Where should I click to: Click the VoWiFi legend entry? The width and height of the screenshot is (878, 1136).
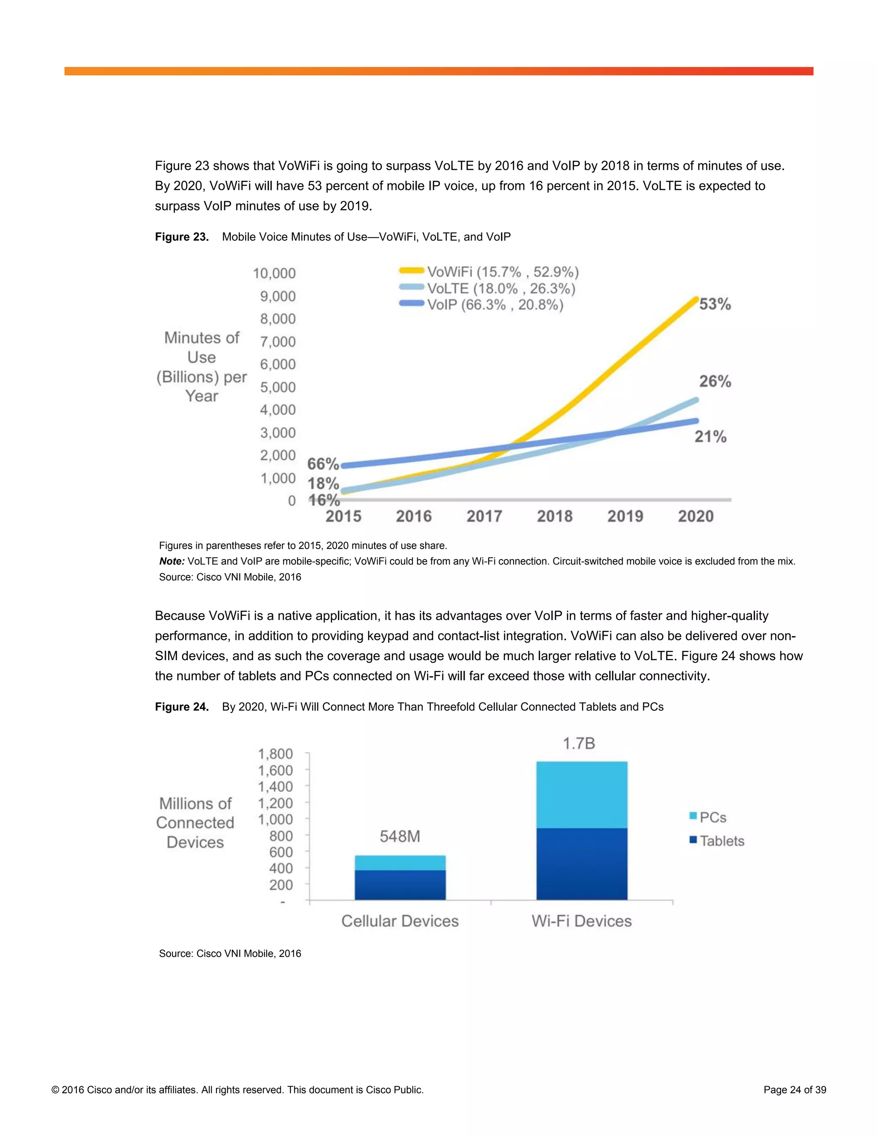coord(489,271)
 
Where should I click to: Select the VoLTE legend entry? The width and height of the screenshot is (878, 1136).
coord(487,288)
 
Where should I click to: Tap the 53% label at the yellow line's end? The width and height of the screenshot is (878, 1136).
coord(715,304)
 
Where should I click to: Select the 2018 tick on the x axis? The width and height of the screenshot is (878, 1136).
coord(554,516)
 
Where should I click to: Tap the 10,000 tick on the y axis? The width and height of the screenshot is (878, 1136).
coord(274,273)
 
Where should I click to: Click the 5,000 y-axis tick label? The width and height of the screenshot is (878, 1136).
coord(278,387)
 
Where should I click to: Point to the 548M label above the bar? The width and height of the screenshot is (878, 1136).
coord(400,836)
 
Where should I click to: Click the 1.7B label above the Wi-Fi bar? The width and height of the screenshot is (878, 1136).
coord(578,743)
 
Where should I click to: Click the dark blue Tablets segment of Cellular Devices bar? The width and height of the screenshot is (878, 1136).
coord(400,884)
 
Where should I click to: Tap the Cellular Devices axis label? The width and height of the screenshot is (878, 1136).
coord(400,921)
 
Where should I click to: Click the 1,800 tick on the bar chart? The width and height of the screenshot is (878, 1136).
coord(275,754)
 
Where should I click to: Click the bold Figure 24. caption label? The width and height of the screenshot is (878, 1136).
coord(181,706)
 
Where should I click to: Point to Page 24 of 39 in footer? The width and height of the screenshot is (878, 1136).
coord(794,1090)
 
